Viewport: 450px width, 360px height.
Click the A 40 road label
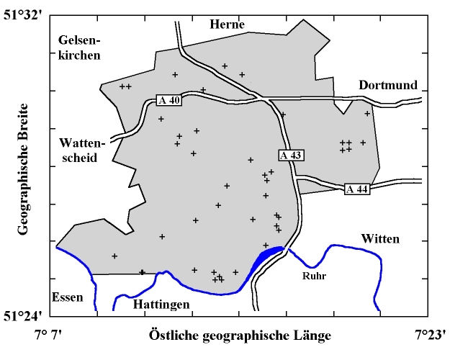168,101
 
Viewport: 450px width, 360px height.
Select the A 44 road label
357,189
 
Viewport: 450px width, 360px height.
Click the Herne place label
227,25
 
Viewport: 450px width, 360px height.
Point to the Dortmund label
388,85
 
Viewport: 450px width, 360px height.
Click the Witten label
379,238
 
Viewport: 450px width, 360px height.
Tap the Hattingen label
161,305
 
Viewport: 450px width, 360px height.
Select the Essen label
67,297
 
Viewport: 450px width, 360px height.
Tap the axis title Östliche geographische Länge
240,336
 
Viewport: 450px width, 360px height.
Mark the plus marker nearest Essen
114,256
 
